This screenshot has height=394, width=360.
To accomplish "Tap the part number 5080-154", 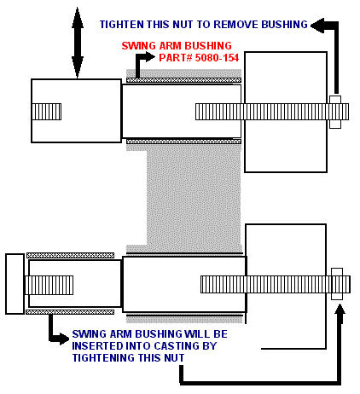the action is click(x=217, y=58).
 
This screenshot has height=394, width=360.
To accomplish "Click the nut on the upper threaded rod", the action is click(x=335, y=112).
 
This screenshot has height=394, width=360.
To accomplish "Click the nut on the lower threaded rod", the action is click(x=337, y=284).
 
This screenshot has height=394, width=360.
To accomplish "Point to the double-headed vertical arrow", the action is click(x=78, y=43).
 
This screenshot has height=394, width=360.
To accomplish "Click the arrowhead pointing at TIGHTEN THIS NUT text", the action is click(x=317, y=26).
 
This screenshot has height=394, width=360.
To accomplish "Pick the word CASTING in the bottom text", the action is click(x=177, y=346).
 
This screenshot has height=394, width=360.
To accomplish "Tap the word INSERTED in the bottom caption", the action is click(x=97, y=346).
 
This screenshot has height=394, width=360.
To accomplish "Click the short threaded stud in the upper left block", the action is click(x=46, y=112).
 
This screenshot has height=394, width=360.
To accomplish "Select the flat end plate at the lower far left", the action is click(x=15, y=284).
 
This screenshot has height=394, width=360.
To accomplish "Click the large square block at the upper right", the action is click(x=286, y=112).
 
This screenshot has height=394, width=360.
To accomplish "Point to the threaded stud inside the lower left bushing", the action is click(x=49, y=285).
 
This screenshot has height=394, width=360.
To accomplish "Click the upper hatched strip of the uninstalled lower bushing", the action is click(x=71, y=255).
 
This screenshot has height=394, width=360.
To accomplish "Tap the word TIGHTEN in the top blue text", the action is click(x=122, y=25).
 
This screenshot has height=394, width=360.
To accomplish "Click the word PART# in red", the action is click(x=176, y=58).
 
